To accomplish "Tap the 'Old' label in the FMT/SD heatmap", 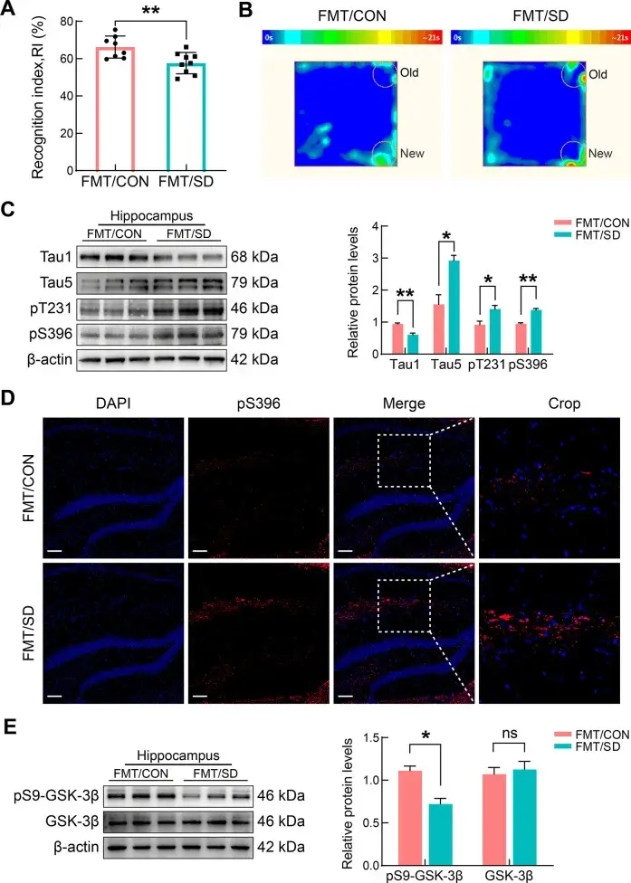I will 598,75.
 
